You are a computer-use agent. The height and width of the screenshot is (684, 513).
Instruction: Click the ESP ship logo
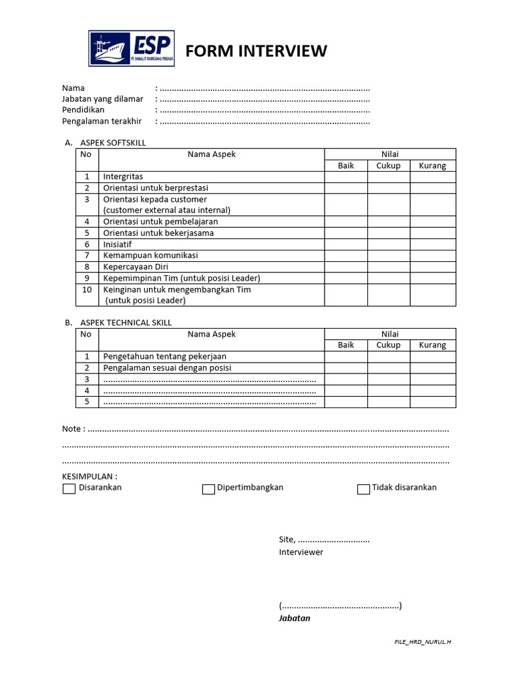pos(132,49)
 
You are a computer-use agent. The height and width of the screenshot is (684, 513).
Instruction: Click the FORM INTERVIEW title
pos(256,51)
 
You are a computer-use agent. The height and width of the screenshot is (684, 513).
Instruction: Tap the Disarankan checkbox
pos(69,489)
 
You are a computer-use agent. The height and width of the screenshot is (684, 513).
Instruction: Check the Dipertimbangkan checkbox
pos(208,489)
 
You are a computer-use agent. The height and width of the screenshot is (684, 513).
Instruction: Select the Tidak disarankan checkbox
pos(363,489)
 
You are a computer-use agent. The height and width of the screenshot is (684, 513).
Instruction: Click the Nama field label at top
pos(73,88)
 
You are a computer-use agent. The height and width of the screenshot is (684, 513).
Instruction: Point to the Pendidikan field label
pos(83,110)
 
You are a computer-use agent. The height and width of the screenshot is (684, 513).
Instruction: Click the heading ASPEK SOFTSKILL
pos(113,143)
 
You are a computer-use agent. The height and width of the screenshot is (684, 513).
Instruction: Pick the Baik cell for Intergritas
pos(346,177)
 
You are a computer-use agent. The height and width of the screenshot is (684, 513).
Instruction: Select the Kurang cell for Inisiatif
pos(433,244)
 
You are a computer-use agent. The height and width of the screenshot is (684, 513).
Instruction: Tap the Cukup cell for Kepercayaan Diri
pos(389,267)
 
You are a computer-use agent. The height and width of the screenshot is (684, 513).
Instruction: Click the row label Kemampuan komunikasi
pos(150,255)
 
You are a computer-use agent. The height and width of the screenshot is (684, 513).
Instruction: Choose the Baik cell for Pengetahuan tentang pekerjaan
pos(346,357)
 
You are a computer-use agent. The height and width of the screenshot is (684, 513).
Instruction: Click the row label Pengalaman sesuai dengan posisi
pos(168,368)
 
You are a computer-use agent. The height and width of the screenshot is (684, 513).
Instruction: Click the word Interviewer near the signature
pos(301,552)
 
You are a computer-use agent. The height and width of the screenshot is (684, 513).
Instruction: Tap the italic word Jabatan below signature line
pos(295,619)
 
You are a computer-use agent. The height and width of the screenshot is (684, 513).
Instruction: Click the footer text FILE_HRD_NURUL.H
pos(423,642)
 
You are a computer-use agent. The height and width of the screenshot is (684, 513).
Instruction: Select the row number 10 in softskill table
pos(87,290)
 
